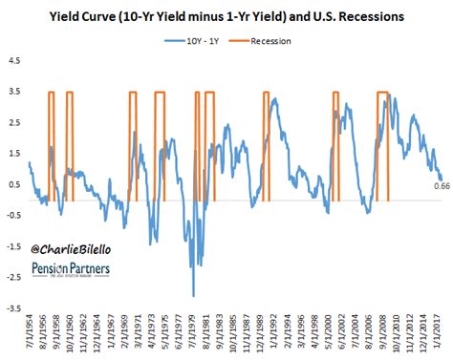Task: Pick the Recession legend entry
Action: [270, 42]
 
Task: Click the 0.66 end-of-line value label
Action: [441, 185]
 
